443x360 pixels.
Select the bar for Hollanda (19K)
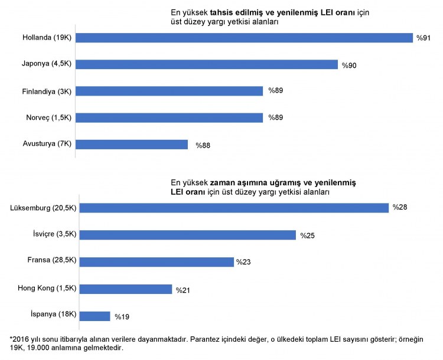245,38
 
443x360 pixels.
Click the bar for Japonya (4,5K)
207,64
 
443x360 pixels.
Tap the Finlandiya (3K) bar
170,91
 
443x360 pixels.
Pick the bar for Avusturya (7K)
132,145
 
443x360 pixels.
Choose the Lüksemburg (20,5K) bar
234,208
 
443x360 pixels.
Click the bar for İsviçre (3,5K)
188,235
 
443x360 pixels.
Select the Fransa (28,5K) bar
157,261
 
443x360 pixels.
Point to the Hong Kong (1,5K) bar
126,289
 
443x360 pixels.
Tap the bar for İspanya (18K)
95,316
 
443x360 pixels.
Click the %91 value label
424,38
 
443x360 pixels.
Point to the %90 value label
349,64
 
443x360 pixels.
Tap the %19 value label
122,317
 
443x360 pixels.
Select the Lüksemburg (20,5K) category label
42,208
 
